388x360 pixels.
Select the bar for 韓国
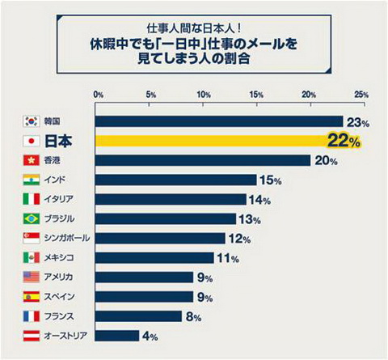(x=219, y=121)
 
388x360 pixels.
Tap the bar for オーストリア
(x=118, y=335)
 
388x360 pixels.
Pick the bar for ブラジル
(x=165, y=218)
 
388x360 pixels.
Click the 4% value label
(x=150, y=336)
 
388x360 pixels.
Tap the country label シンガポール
(x=67, y=238)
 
